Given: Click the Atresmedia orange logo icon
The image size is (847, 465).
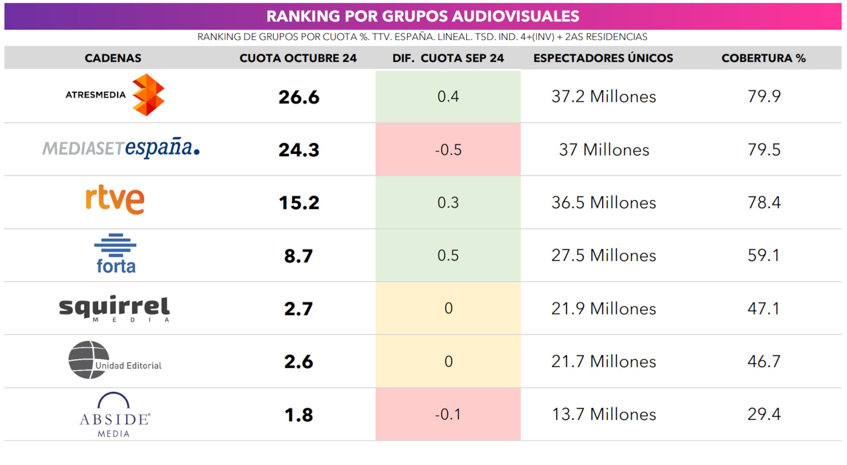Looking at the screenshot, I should pos(148,95).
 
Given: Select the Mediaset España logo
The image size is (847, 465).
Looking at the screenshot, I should pos(121,148).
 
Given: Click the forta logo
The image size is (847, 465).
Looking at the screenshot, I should pos(115,254).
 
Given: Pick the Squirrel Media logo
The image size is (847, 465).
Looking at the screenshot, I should pos(114,308).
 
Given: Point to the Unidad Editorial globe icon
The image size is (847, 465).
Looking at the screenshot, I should pos(88,360).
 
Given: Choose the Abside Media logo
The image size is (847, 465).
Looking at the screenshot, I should pos(115,415).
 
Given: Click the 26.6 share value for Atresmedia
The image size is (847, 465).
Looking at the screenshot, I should pos(299,97).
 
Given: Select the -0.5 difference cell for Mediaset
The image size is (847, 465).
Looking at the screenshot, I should pos(448,150).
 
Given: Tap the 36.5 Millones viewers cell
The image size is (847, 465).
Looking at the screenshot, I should pos(603,202).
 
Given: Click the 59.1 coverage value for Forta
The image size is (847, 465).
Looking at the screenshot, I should pos(763,255).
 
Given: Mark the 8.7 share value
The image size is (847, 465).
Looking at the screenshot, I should pos(299,256).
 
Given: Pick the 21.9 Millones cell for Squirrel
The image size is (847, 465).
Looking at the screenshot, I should pos(603,309).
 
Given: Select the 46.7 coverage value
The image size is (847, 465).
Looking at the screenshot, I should pos(763,361).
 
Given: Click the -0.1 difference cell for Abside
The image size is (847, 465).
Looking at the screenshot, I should pos(448,414).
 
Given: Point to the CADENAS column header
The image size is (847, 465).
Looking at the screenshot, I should pos(113,58).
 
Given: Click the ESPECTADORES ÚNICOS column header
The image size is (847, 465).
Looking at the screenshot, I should pos(603,58).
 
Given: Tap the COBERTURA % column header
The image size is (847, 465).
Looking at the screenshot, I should pos(763,58).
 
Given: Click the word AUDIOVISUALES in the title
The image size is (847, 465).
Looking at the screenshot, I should pos(515,16).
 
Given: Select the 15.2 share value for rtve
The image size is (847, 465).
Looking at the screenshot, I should pos(299,203).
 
